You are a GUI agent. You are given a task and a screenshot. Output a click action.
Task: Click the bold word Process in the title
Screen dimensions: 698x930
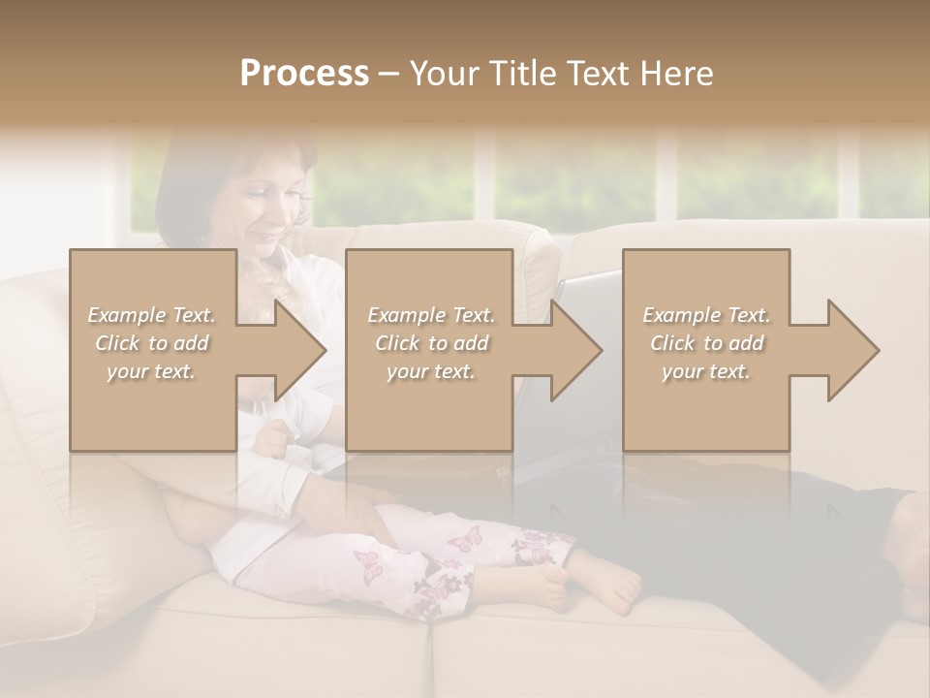coord(304,73)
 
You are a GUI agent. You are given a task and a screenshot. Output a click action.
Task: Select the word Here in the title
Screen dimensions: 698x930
coord(676,73)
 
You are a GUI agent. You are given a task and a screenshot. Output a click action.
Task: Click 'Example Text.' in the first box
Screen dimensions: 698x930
coord(152,315)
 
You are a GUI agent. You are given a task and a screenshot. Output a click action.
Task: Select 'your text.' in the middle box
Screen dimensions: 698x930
coord(430,371)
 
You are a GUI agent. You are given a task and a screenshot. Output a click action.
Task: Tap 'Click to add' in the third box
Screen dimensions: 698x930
coord(706,343)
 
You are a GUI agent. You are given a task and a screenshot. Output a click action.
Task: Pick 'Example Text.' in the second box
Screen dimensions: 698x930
coord(430,315)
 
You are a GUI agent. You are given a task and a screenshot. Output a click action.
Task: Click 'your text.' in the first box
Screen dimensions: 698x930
coord(152,371)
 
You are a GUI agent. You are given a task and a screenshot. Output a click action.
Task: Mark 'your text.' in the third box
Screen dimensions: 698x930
coord(706,371)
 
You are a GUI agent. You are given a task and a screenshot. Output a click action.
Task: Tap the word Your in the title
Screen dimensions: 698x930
coord(441,73)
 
